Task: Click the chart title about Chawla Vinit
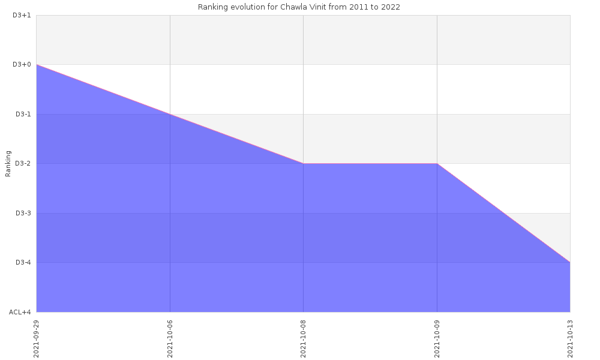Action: pos(299,7)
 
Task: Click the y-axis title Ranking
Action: pos(8,164)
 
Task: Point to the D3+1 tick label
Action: pos(22,15)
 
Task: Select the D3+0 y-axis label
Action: pos(22,64)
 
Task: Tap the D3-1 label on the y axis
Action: pos(23,114)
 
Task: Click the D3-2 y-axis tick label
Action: pos(23,163)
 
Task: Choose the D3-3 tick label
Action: pos(23,213)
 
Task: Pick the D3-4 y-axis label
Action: pos(23,262)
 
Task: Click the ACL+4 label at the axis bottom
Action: pos(20,312)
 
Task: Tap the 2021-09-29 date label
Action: pos(37,338)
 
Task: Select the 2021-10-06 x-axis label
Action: pos(170,338)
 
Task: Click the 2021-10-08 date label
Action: pos(303,338)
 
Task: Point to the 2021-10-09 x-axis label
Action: pos(437,338)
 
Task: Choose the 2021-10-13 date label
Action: pos(570,338)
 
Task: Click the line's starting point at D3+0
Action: pos(37,64)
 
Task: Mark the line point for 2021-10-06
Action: pos(170,114)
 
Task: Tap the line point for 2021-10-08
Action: pos(303,163)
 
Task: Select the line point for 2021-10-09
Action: pos(437,163)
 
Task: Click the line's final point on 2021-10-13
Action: pos(570,262)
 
